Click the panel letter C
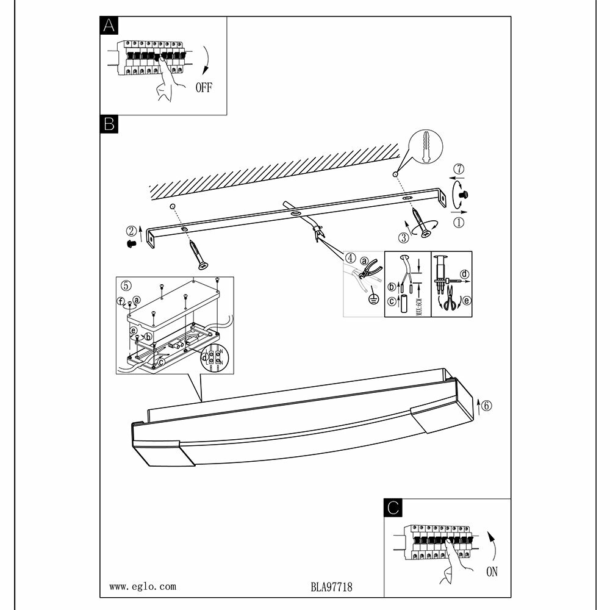[394, 507]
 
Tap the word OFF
[203, 88]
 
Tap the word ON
[492, 572]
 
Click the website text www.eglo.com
[143, 587]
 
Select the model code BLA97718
[332, 587]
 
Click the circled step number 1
[459, 222]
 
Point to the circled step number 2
[131, 231]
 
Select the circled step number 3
[403, 238]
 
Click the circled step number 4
[350, 257]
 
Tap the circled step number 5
[126, 285]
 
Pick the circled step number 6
[486, 404]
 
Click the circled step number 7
[459, 168]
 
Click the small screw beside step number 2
[129, 243]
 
